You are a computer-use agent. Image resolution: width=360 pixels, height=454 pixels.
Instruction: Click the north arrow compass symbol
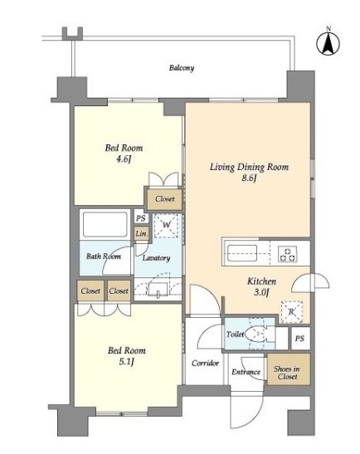[328, 43]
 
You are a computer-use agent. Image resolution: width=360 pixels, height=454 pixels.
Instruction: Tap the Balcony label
[182, 68]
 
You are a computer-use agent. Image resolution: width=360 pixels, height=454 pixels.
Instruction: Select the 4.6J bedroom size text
[124, 159]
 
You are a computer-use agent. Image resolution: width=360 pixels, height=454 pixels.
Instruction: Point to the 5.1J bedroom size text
[127, 362]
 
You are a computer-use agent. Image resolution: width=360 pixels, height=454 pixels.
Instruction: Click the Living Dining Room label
[249, 167]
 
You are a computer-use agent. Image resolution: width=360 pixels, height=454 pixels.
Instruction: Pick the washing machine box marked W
[166, 225]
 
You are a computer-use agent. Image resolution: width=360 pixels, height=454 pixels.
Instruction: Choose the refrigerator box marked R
[292, 312]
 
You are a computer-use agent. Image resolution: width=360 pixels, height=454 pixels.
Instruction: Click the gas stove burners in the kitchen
[288, 254]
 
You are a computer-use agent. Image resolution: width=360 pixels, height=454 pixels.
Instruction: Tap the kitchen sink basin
[242, 253]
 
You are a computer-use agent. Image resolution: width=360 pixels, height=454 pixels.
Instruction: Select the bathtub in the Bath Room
[105, 225]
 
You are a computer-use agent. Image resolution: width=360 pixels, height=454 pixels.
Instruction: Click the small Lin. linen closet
[142, 233]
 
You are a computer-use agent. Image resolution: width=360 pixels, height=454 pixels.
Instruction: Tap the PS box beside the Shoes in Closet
[300, 338]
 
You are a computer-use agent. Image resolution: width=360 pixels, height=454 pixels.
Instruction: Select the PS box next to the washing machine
[141, 218]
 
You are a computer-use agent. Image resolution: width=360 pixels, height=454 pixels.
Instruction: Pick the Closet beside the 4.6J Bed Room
[165, 199]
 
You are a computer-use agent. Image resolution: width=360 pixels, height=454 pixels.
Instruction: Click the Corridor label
[205, 363]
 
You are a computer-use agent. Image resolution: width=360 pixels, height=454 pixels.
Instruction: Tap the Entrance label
[246, 372]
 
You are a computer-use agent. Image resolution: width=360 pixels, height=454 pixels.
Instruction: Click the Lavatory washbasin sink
[158, 290]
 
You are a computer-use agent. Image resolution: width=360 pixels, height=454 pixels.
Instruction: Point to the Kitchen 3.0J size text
[261, 292]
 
